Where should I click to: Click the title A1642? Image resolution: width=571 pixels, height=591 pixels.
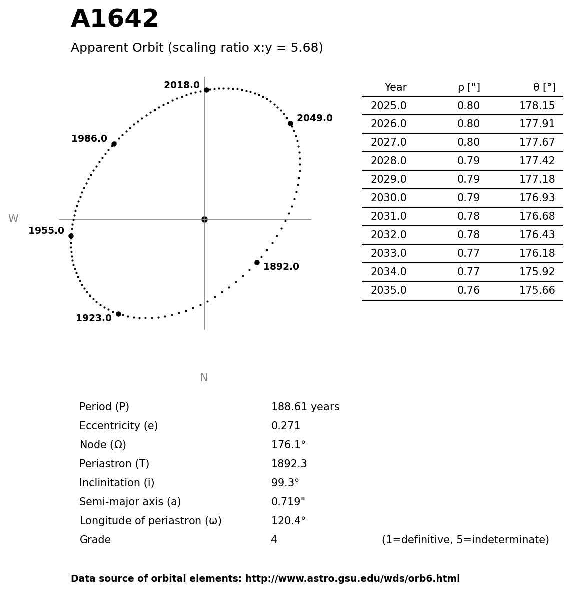click(x=114, y=19)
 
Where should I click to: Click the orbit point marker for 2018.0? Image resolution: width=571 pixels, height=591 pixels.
click(x=206, y=90)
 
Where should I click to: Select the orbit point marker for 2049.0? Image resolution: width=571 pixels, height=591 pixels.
click(x=290, y=123)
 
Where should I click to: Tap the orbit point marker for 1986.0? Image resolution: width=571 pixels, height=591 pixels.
click(x=114, y=144)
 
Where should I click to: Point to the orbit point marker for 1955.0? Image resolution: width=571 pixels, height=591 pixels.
click(x=71, y=236)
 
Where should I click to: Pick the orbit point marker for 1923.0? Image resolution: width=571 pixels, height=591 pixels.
click(x=118, y=314)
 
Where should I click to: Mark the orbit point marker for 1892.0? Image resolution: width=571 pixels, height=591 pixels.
click(x=257, y=262)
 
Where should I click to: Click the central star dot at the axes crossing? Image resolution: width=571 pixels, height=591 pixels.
click(x=204, y=219)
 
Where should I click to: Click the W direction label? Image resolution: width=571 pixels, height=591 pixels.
click(x=13, y=219)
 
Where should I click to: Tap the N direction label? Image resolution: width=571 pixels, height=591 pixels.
click(x=204, y=378)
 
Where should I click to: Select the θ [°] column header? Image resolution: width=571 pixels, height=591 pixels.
click(x=544, y=87)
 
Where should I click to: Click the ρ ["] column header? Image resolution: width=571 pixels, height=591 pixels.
click(x=468, y=87)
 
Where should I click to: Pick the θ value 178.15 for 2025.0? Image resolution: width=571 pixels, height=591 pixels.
click(x=537, y=106)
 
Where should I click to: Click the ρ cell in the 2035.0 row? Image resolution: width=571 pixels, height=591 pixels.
click(x=468, y=290)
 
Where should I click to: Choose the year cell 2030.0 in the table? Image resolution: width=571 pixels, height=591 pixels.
click(x=388, y=198)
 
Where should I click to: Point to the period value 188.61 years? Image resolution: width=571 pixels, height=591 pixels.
click(x=305, y=407)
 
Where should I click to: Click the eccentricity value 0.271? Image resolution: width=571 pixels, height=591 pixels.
click(x=286, y=426)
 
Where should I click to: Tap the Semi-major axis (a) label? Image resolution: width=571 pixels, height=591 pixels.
click(x=130, y=502)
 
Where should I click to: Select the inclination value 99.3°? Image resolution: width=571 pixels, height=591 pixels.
click(x=285, y=483)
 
